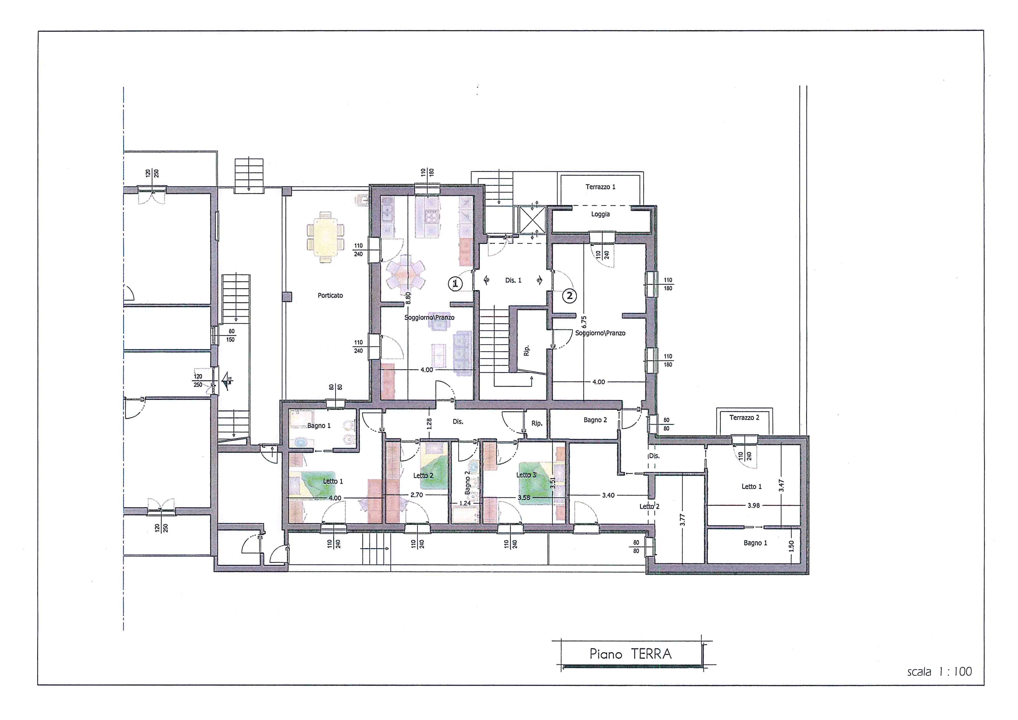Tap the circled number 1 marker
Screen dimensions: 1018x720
coord(455,283)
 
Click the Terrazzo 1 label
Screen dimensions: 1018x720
coord(600,187)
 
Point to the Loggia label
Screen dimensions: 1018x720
coord(600,214)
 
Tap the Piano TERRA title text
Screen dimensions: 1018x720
coord(630,654)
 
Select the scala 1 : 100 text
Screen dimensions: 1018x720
coord(939,672)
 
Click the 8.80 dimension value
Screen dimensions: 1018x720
coord(408,298)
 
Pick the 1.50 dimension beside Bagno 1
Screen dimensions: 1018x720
coord(791,546)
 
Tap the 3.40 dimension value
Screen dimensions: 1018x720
coord(608,495)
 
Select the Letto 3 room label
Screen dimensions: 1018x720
coord(526,475)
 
